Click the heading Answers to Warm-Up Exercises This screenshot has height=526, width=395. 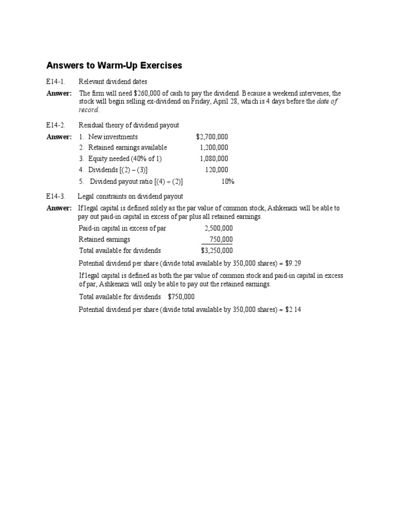click(114, 66)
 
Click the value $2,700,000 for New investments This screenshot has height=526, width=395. click(212, 137)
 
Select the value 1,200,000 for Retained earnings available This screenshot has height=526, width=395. click(214, 148)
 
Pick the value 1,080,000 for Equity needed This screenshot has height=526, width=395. click(214, 159)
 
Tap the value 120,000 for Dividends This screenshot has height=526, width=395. click(217, 170)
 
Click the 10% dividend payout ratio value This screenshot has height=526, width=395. click(227, 181)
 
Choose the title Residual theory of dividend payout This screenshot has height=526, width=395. click(129, 125)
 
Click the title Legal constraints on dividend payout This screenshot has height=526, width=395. click(130, 196)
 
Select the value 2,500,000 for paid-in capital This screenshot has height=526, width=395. click(219, 228)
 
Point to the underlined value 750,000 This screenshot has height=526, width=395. click(221, 239)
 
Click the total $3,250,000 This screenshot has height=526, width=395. click(217, 251)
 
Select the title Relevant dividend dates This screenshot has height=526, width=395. click(113, 82)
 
